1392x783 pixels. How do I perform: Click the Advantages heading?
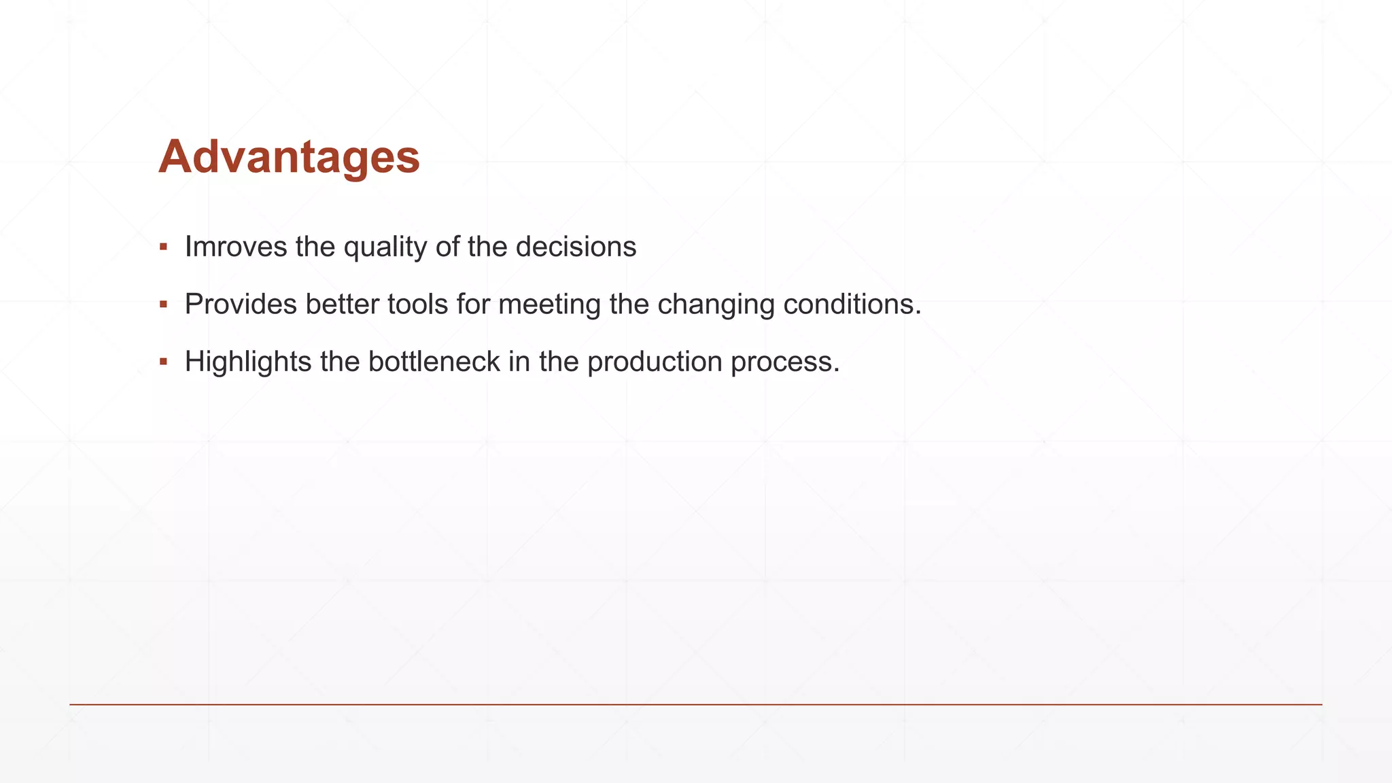pos(289,157)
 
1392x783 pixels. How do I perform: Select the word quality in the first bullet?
pos(385,247)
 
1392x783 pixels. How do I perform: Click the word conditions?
pos(852,304)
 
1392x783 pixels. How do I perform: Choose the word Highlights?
pos(248,362)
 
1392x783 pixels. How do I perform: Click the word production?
pos(655,362)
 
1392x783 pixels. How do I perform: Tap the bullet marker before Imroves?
pos(163,247)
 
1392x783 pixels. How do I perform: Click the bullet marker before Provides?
pos(163,304)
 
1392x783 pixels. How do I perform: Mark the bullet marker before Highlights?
pos(163,362)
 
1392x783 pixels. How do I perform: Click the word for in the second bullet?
pos(473,304)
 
